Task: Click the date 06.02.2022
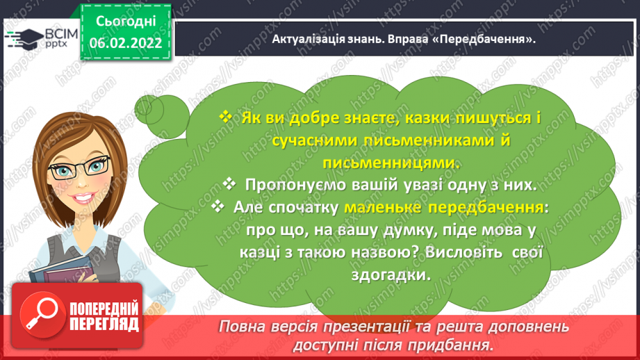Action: click(125, 43)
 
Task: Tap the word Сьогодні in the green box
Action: click(126, 22)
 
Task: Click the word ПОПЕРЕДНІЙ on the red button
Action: click(104, 309)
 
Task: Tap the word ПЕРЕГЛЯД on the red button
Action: click(104, 325)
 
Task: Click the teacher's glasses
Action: click(79, 167)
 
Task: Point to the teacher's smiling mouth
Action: click(83, 198)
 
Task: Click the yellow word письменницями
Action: click(391, 163)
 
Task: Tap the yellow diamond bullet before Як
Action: click(225, 117)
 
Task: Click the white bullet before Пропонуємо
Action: click(229, 183)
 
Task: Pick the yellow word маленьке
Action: click(377, 207)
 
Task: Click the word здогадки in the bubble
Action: click(391, 275)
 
